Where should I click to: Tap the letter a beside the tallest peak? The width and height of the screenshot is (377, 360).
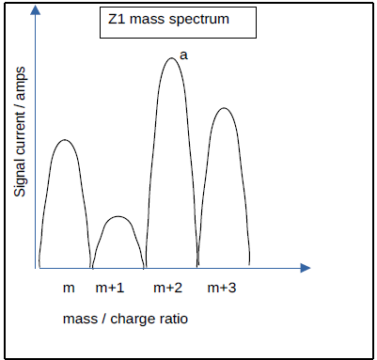click(x=183, y=55)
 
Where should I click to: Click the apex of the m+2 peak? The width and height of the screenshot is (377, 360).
click(x=170, y=58)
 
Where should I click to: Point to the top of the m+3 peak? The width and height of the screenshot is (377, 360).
click(x=223, y=108)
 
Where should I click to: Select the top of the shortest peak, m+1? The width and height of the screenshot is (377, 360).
click(x=117, y=217)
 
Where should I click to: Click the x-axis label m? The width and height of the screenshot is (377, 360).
click(x=69, y=287)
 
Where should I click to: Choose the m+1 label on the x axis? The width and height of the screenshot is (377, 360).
click(x=110, y=287)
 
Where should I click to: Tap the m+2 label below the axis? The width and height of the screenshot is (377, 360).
click(x=167, y=287)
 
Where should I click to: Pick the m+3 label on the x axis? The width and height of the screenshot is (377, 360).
click(x=222, y=287)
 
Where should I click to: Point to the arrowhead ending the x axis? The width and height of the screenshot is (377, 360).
click(x=305, y=268)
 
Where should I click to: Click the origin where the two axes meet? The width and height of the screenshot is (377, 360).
click(x=38, y=268)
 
